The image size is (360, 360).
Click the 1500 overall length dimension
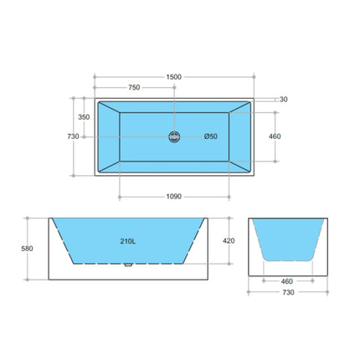pos(174,76)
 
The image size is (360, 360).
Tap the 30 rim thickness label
pos(284,100)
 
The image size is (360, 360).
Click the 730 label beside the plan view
pos(73,136)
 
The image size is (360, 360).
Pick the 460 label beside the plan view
pos(274,136)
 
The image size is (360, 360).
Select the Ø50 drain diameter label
pos(211,137)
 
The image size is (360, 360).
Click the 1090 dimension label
pos(174,198)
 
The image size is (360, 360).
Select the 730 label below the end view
pos(288,292)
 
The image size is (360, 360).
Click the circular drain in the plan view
pos(174,137)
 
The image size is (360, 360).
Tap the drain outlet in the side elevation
pos(127,267)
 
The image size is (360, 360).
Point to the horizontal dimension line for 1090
pos(151,198)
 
